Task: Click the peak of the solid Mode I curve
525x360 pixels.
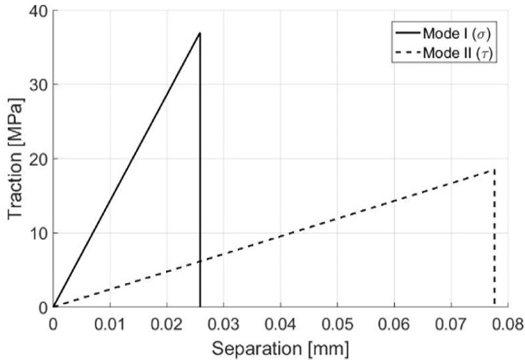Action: coord(200,33)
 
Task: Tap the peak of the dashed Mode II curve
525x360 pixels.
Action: coord(495,169)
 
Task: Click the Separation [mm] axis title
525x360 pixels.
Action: coord(280,348)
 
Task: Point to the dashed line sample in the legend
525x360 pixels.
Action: coord(406,53)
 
